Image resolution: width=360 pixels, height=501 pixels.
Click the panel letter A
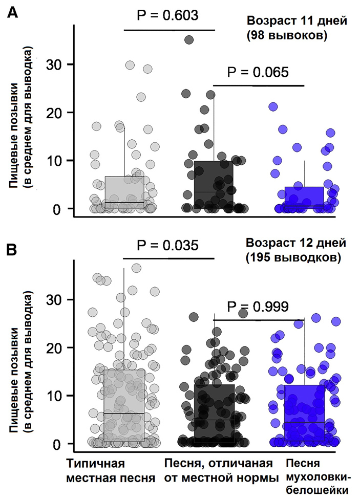point(13,13)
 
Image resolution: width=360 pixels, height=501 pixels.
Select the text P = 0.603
point(167,16)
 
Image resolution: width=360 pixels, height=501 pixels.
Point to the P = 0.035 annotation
point(167,246)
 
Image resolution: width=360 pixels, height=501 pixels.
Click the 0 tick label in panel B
point(59,443)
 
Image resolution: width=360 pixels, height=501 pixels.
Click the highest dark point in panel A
point(189,39)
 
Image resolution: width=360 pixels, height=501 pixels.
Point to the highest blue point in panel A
point(273,106)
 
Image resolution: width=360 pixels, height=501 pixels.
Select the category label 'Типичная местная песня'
point(110,471)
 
